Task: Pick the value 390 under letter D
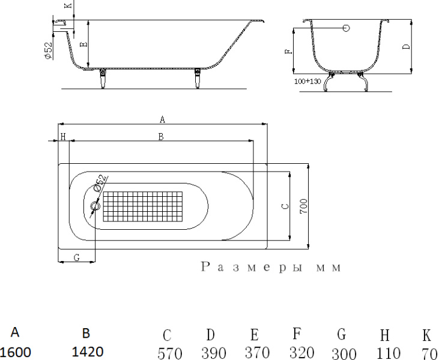[213, 353]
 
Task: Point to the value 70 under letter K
[429, 353]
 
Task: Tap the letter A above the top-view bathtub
[162, 120]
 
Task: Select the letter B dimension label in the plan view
[160, 137]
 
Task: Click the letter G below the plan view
[76, 257]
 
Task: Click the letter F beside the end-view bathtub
[289, 52]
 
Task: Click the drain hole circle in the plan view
[94, 207]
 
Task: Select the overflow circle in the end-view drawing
[347, 28]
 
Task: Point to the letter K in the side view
[67, 5]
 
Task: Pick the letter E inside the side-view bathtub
[83, 44]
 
